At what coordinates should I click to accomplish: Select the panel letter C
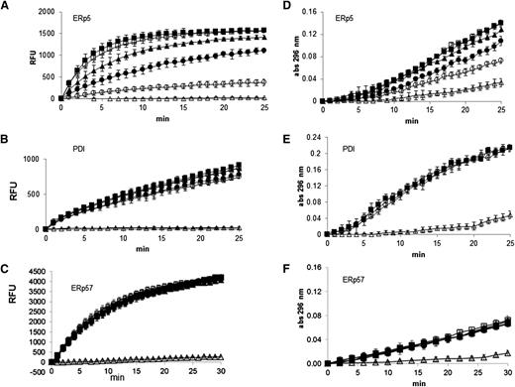tap(7, 261)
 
